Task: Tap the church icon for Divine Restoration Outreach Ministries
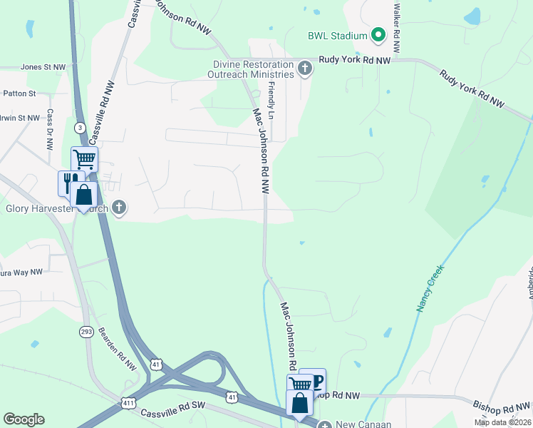(305, 68)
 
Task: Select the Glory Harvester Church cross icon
(119, 208)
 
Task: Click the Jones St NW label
(43, 66)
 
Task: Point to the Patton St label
(19, 93)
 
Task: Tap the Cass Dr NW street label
(50, 129)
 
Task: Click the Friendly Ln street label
(271, 101)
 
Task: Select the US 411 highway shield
(128, 402)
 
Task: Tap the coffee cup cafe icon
(314, 379)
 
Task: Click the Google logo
(24, 419)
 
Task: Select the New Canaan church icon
(325, 425)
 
